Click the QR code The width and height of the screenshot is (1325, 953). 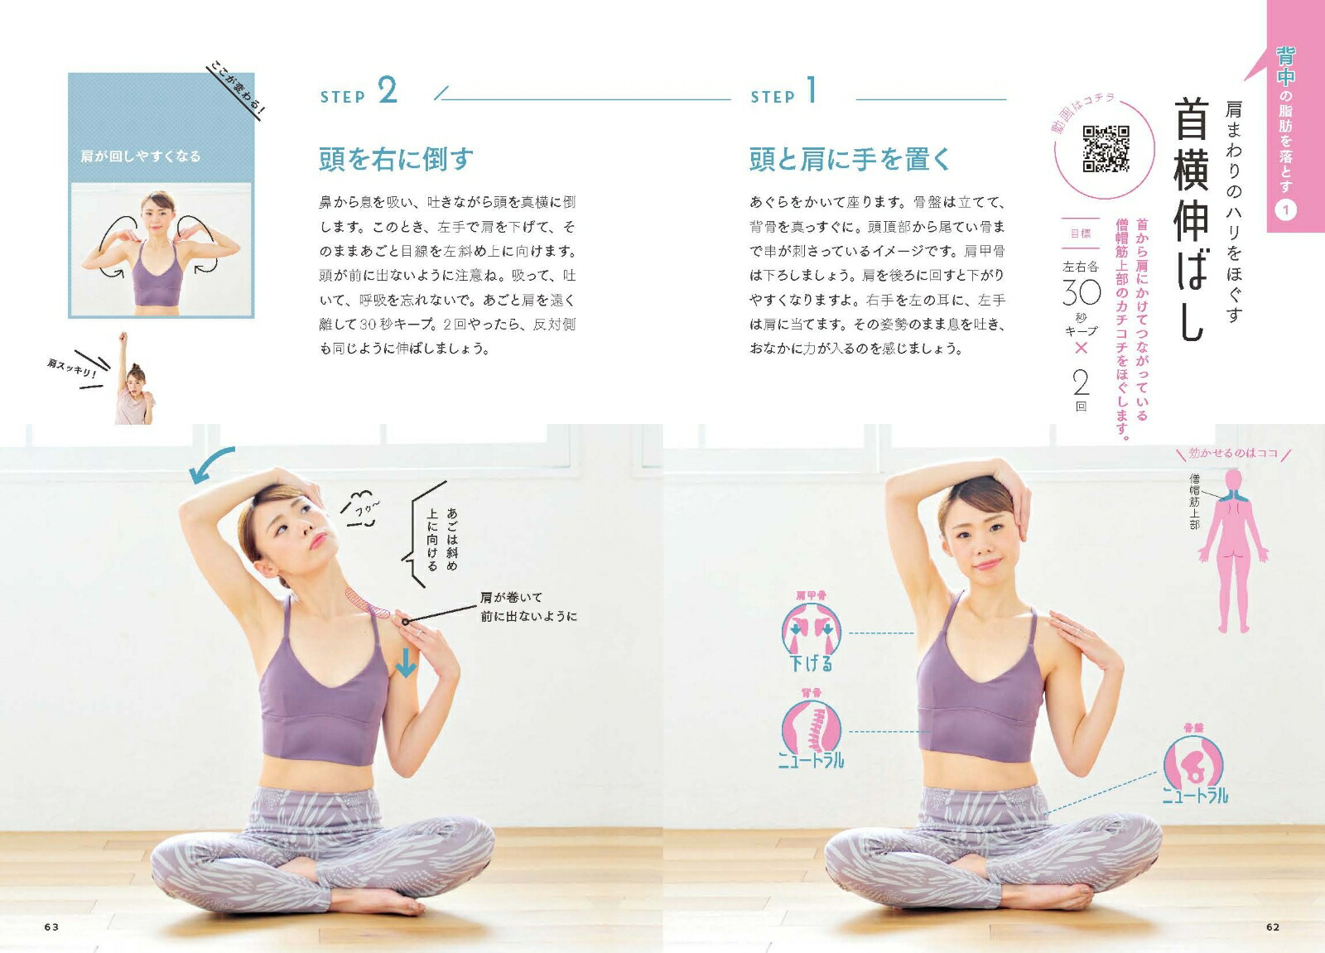1106,148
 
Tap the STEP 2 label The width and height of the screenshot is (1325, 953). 359,92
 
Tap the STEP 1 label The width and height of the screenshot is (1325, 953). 783,92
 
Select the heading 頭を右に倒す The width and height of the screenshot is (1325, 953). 397,159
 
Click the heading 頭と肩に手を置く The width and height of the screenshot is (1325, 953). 850,159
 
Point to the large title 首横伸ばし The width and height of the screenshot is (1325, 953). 1190,219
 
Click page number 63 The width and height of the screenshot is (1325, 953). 51,927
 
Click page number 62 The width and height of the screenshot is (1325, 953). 1273,927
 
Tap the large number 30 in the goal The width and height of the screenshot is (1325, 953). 1082,292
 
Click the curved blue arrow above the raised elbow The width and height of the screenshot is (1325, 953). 210,462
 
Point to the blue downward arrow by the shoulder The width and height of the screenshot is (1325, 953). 406,662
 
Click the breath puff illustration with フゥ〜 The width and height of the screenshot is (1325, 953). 361,508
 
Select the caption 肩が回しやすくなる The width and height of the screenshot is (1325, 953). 141,156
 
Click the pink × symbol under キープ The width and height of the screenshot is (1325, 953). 1082,348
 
